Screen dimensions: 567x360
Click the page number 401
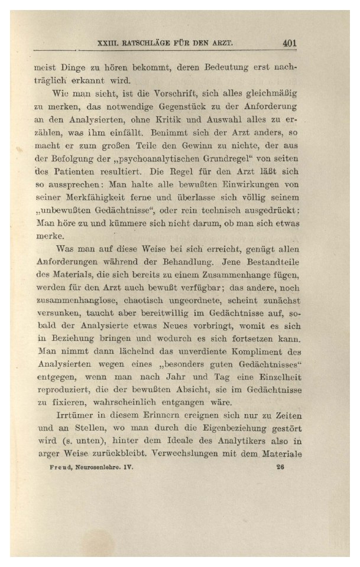coord(289,43)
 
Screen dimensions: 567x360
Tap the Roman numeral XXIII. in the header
coord(108,44)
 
